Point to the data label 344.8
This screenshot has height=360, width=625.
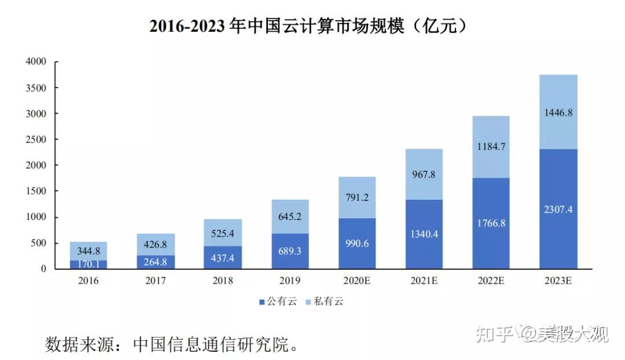(89, 251)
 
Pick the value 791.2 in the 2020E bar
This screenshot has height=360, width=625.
(357, 197)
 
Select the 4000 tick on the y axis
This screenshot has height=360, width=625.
(35, 61)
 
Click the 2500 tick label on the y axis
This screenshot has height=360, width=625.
(35, 139)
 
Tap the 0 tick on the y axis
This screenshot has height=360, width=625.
(43, 269)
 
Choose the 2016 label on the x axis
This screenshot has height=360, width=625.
(89, 281)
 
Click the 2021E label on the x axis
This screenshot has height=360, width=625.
(424, 281)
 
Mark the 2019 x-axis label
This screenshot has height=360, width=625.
(290, 281)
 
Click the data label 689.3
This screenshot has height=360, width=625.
(290, 251)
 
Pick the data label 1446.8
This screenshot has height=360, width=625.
(558, 113)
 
